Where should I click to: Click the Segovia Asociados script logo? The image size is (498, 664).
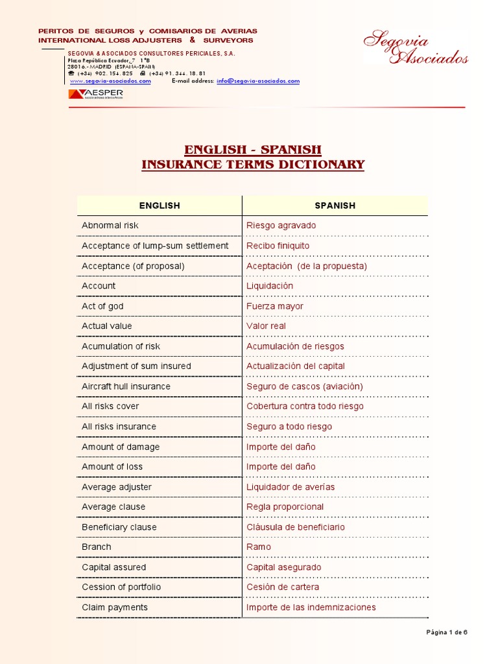(x=415, y=49)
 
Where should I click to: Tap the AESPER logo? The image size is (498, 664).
(x=95, y=94)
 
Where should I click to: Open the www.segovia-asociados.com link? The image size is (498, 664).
(x=110, y=81)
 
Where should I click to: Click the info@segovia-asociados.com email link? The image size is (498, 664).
(x=258, y=81)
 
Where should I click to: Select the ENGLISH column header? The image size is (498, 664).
(x=160, y=206)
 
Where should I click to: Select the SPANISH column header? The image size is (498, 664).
(x=335, y=206)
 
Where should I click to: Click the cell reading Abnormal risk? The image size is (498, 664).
(x=110, y=226)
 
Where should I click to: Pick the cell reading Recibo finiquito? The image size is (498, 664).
(x=278, y=246)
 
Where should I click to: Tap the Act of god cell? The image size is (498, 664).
(x=102, y=306)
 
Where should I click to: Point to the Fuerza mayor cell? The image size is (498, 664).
(x=274, y=306)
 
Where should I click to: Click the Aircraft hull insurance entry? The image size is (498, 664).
(x=126, y=386)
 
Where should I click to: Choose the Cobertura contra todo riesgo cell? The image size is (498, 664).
(x=305, y=407)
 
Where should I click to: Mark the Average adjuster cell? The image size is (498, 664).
(x=117, y=487)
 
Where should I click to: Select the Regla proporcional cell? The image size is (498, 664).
(x=285, y=507)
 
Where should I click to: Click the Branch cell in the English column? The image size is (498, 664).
(x=97, y=547)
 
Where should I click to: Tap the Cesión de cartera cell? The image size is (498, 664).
(x=282, y=587)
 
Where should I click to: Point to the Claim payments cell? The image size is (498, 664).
(x=115, y=608)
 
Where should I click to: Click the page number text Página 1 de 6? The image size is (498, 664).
(x=446, y=632)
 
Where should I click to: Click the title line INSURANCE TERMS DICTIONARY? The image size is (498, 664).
(x=253, y=165)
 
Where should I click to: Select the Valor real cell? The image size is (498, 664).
(x=266, y=326)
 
